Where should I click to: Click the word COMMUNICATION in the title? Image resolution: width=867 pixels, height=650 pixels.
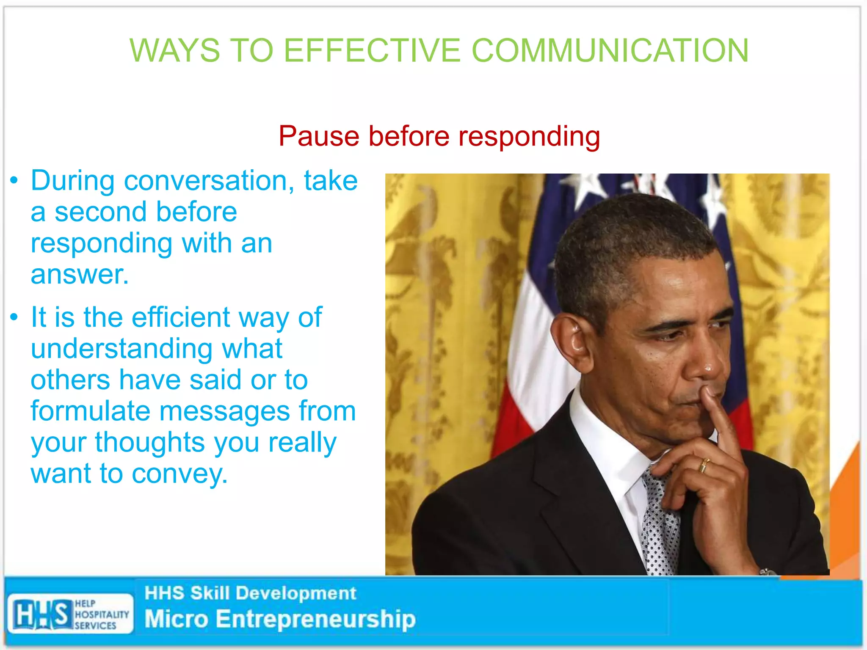[610, 50]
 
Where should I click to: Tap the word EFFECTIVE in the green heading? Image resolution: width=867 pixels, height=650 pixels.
[372, 50]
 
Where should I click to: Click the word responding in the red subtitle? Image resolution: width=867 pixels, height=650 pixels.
[529, 137]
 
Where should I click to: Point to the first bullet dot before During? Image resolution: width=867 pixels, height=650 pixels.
[14, 181]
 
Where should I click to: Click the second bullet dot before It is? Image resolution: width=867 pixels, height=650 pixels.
[14, 317]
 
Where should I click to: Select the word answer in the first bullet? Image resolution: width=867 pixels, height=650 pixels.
[79, 275]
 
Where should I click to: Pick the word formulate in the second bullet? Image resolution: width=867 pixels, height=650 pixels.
[90, 411]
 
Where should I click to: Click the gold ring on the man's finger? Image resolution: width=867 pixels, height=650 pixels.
[703, 465]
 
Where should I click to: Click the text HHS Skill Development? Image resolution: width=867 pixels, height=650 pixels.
[250, 593]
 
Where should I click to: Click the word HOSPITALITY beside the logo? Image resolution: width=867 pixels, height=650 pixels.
[102, 614]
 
